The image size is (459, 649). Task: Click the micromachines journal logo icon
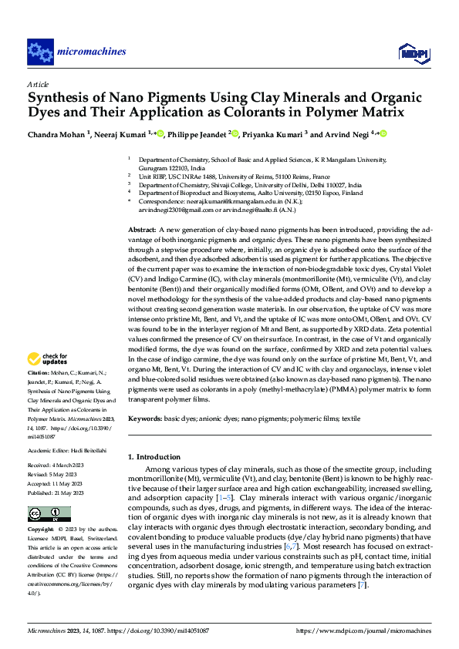click(x=40, y=52)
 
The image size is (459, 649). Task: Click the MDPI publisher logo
click(x=410, y=52)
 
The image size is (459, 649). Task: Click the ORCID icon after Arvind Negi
click(x=383, y=133)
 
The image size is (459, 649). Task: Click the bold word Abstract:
click(x=141, y=230)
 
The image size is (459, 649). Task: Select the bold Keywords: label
click(x=144, y=419)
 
